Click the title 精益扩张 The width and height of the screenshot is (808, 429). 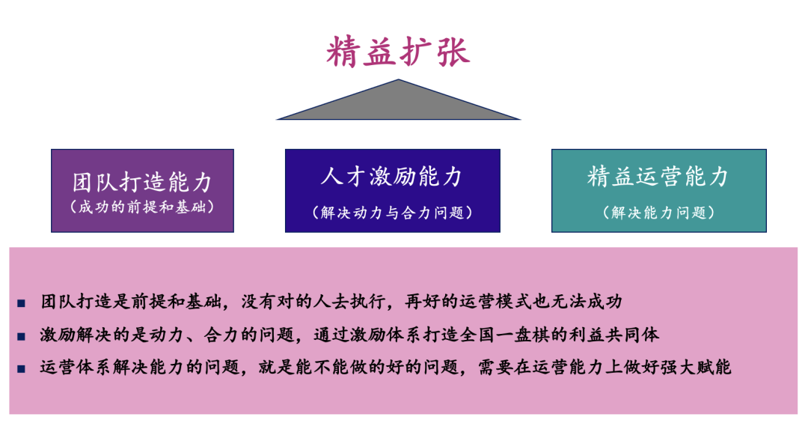[x=398, y=52]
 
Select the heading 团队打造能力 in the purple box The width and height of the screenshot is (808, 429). [x=142, y=182]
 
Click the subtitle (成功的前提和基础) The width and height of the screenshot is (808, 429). [x=142, y=207]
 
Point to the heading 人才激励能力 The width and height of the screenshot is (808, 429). [x=392, y=177]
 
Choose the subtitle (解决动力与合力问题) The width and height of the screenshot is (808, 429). [x=392, y=213]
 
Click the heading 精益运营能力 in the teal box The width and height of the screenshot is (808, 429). [x=658, y=177]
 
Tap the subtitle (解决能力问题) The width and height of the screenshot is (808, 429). [x=658, y=213]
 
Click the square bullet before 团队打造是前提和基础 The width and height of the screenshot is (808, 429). [x=21, y=303]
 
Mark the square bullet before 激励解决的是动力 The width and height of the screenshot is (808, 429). [x=21, y=337]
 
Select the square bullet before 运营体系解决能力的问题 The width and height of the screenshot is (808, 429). [x=21, y=369]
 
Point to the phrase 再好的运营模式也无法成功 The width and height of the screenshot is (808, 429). [x=513, y=301]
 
